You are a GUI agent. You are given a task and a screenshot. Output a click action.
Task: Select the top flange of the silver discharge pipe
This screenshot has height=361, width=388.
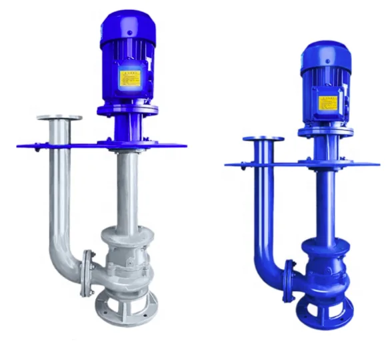tap(59, 119)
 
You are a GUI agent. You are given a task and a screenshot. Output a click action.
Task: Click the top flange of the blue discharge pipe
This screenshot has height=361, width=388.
tap(263, 140)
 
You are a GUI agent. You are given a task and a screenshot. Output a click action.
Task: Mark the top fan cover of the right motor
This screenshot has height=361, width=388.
tap(325, 53)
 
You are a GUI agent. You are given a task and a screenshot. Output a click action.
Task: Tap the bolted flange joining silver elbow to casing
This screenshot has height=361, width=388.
tap(86, 272)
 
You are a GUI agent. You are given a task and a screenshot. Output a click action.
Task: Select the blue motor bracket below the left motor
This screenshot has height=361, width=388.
tap(127, 123)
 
